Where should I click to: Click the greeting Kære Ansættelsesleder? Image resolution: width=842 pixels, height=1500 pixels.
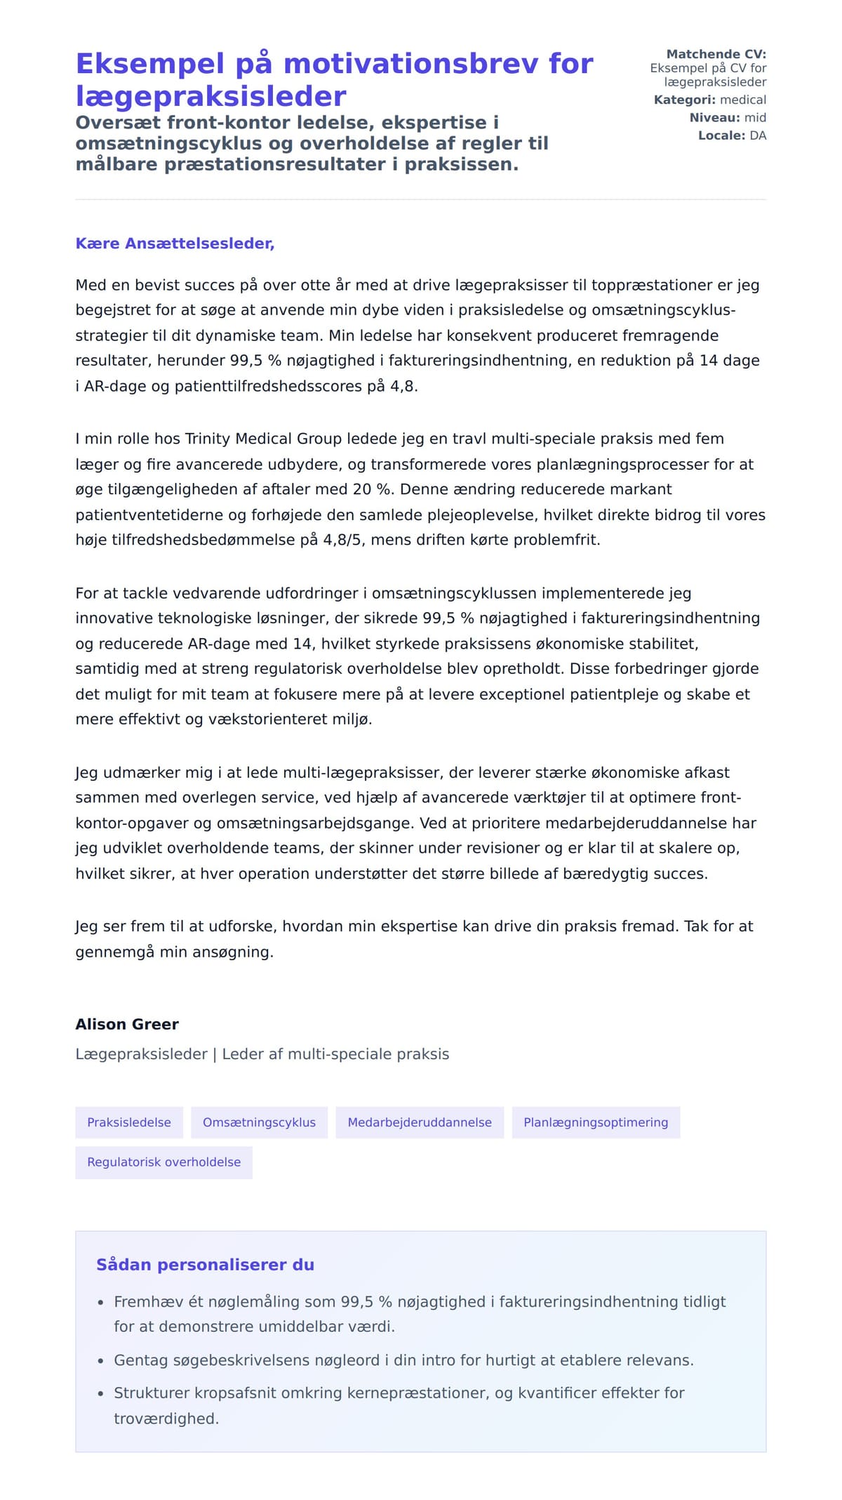pyautogui.click(x=175, y=244)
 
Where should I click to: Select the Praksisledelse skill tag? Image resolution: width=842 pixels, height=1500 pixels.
pyautogui.click(x=129, y=1122)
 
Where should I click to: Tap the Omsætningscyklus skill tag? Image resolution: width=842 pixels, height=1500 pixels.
pyautogui.click(x=259, y=1122)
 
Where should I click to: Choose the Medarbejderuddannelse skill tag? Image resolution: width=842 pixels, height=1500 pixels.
pyautogui.click(x=420, y=1122)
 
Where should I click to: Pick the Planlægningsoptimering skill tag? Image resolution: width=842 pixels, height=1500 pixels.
pyautogui.click(x=596, y=1122)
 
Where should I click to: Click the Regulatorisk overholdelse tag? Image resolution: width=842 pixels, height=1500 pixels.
pyautogui.click(x=163, y=1162)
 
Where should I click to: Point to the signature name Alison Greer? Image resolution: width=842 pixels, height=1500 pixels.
pyautogui.click(x=127, y=1024)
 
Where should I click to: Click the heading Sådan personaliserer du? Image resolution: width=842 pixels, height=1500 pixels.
pyautogui.click(x=205, y=1265)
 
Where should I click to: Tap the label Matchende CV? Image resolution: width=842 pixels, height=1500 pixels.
pyautogui.click(x=716, y=54)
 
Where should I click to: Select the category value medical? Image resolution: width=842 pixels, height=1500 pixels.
pyautogui.click(x=743, y=100)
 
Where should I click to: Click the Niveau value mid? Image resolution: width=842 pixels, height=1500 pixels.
pyautogui.click(x=755, y=117)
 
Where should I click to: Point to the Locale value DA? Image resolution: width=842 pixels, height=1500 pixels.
pyautogui.click(x=758, y=135)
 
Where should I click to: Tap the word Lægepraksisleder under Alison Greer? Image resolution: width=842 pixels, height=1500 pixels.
pyautogui.click(x=142, y=1054)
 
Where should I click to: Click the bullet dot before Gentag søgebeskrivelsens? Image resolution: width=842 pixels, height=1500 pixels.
pyautogui.click(x=100, y=1361)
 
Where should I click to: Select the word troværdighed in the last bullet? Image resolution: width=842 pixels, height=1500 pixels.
pyautogui.click(x=166, y=1419)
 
